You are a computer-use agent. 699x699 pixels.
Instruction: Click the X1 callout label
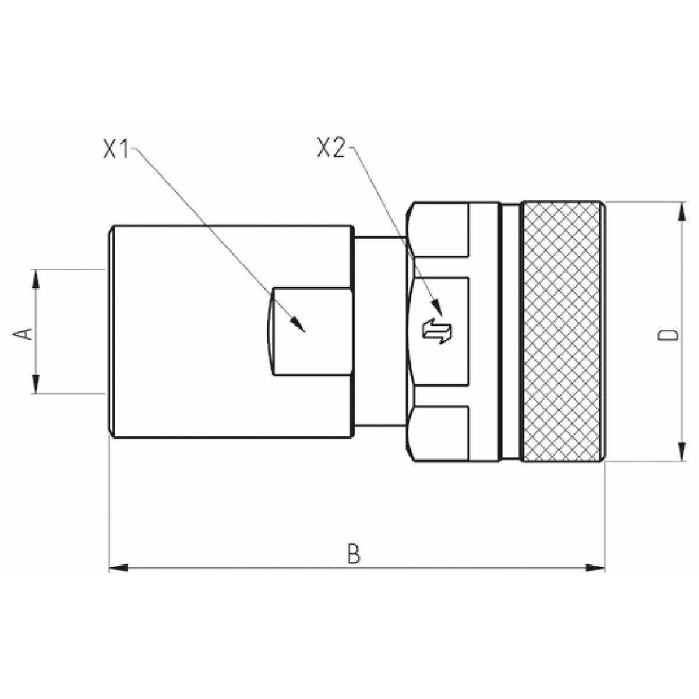[x=116, y=148]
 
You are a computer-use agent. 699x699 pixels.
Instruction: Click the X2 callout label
[x=330, y=148]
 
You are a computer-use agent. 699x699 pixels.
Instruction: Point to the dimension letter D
[x=668, y=334]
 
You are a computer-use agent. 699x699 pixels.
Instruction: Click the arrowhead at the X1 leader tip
[x=299, y=324]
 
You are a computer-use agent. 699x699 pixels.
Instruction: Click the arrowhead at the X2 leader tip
[x=438, y=307]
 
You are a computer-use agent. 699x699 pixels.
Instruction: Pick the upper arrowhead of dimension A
[x=35, y=278]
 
